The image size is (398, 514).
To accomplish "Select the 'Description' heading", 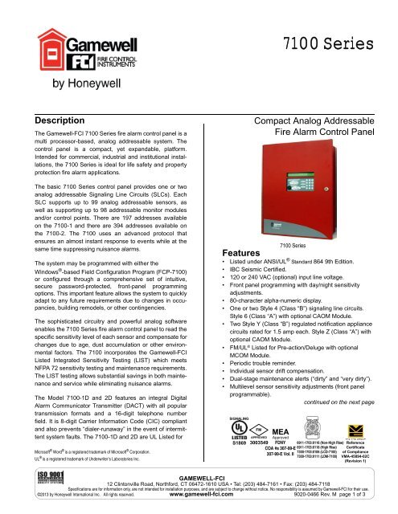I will tap(47, 120).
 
